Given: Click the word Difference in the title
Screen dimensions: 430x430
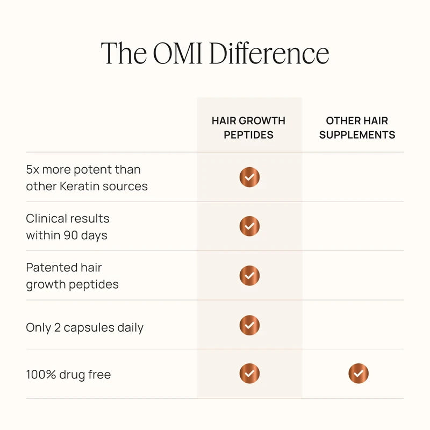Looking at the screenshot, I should tap(269, 53).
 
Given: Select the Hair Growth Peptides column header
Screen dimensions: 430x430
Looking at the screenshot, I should tap(248, 127).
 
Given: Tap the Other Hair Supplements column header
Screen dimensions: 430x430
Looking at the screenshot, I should tap(357, 127).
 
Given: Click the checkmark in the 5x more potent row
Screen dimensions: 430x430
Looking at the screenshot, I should tap(249, 177).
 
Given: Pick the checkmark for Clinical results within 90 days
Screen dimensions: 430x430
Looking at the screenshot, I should tap(249, 226).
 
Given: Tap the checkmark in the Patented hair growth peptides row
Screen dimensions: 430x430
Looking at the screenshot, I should tap(249, 276).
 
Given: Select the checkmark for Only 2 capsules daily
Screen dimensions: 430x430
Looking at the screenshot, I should tap(249, 325).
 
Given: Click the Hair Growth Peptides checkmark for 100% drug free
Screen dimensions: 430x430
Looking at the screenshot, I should tap(249, 374).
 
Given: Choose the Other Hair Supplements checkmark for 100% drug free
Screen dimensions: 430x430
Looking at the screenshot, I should tap(359, 374).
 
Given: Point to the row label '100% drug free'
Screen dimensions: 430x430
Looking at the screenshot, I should tap(68, 375).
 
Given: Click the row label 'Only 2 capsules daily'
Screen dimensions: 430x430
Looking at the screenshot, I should tap(84, 327).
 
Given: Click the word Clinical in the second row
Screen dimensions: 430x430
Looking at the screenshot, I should tap(46, 219).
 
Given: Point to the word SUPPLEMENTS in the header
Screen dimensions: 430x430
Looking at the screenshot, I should tap(357, 135).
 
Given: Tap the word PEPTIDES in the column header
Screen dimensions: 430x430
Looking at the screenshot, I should tap(248, 135).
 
